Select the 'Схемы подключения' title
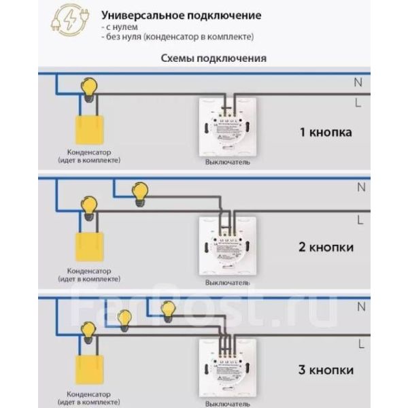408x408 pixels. (x=214, y=58)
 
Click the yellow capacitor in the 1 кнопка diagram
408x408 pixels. (x=87, y=127)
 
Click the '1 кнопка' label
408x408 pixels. (x=326, y=132)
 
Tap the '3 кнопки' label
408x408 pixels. (x=326, y=370)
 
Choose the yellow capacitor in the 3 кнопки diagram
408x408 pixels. (x=87, y=367)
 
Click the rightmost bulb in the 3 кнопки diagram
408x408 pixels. (x=166, y=310)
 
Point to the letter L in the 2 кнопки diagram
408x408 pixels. (x=358, y=219)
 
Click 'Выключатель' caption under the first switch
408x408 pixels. (x=227, y=163)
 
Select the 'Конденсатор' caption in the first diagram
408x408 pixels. (x=88, y=152)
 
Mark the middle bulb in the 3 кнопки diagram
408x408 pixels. (x=124, y=318)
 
